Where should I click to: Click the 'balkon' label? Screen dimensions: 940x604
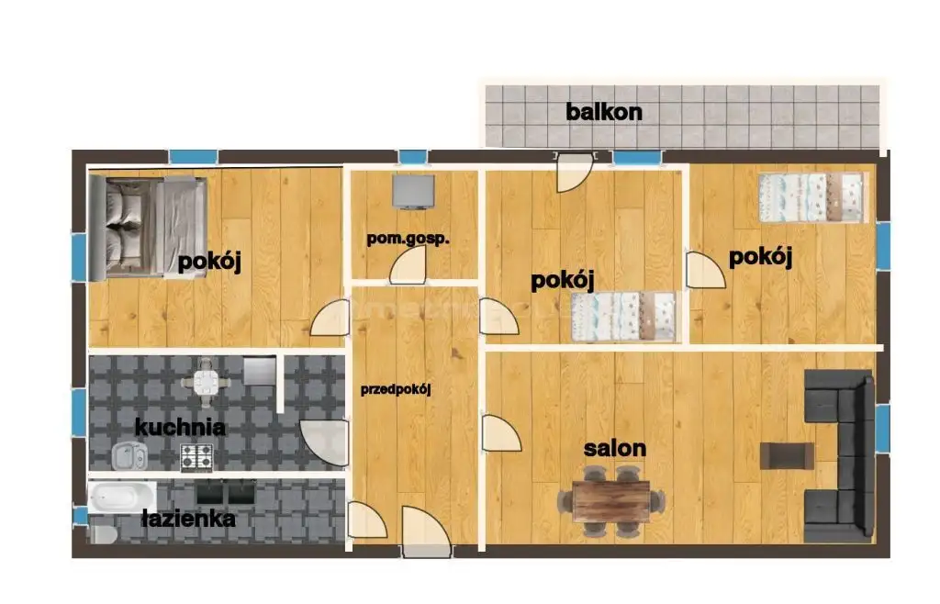(x=604, y=112)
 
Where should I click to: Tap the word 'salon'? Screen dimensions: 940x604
(x=615, y=448)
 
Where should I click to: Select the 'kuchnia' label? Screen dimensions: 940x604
(x=180, y=427)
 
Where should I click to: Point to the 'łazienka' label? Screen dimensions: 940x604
(x=189, y=519)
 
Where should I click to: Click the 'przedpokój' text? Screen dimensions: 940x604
(x=396, y=389)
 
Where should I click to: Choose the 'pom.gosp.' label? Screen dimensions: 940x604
(x=408, y=239)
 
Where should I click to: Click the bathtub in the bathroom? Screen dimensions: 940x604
(x=122, y=497)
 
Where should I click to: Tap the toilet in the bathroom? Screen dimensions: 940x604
(x=102, y=532)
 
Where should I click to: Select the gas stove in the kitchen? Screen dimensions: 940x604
(x=196, y=456)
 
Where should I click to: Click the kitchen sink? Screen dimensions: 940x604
(x=129, y=456)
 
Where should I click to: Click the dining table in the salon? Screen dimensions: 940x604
(x=610, y=501)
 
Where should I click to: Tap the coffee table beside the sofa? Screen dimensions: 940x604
(x=787, y=455)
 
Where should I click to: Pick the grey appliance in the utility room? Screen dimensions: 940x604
(x=413, y=192)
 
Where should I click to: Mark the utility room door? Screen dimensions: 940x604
(x=408, y=265)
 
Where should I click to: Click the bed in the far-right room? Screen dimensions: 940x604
(x=811, y=197)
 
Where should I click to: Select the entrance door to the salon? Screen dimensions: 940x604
(x=501, y=432)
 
